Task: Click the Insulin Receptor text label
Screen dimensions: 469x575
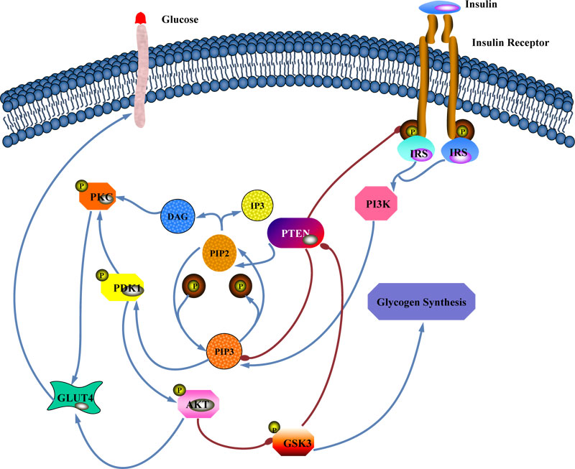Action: [x=510, y=43]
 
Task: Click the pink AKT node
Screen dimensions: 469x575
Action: [x=198, y=405]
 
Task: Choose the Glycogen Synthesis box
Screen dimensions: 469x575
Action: [x=423, y=302]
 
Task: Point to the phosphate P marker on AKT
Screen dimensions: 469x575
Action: [x=178, y=391]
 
